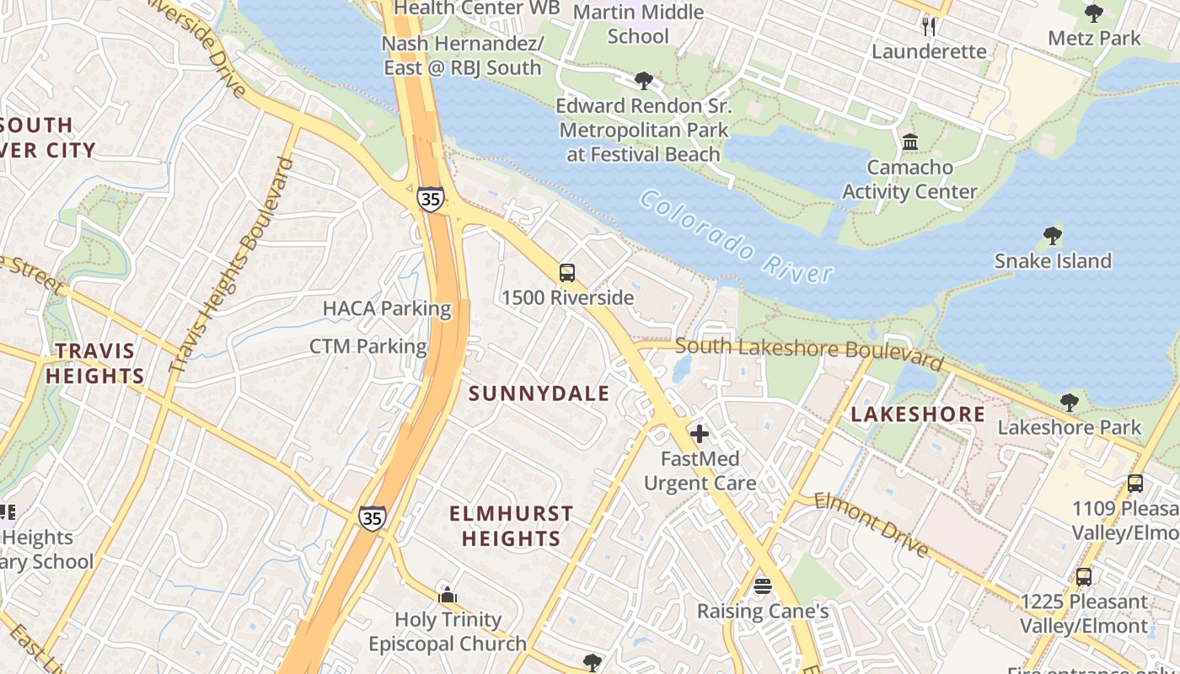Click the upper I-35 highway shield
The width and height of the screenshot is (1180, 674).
(430, 200)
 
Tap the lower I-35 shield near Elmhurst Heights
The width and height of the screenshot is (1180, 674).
(372, 517)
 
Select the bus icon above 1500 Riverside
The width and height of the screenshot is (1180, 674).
(567, 273)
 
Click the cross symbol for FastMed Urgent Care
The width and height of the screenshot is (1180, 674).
(700, 435)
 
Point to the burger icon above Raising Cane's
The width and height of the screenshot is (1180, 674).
(763, 586)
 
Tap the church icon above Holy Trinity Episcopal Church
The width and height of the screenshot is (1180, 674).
(448, 596)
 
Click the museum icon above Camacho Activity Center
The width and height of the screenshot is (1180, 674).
(910, 142)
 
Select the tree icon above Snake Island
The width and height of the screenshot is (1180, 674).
(1052, 235)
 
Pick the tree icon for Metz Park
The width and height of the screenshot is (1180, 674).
(1094, 13)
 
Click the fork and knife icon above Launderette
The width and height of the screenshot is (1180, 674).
(929, 26)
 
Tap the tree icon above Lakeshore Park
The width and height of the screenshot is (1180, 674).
(1070, 403)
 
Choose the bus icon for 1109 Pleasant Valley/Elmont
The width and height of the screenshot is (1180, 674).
(1135, 484)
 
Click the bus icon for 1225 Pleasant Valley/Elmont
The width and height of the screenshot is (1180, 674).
(1084, 577)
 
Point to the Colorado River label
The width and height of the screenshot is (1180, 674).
(736, 236)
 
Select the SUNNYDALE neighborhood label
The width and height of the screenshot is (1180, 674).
(539, 393)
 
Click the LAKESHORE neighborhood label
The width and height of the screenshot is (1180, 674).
(917, 414)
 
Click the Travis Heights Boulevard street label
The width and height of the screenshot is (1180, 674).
(231, 266)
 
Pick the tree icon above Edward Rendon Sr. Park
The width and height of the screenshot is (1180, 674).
(644, 81)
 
